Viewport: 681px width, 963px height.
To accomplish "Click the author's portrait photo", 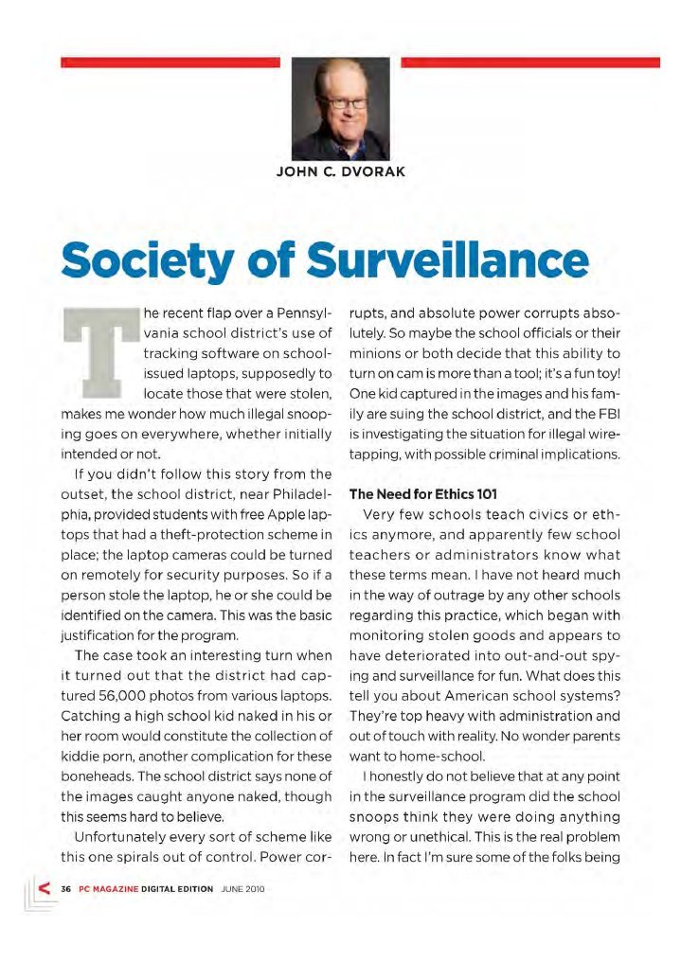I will (340, 109).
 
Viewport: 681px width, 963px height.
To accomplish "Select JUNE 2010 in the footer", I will (242, 889).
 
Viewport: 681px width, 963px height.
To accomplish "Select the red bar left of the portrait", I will (170, 62).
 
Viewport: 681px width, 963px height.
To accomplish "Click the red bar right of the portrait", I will (530, 62).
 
